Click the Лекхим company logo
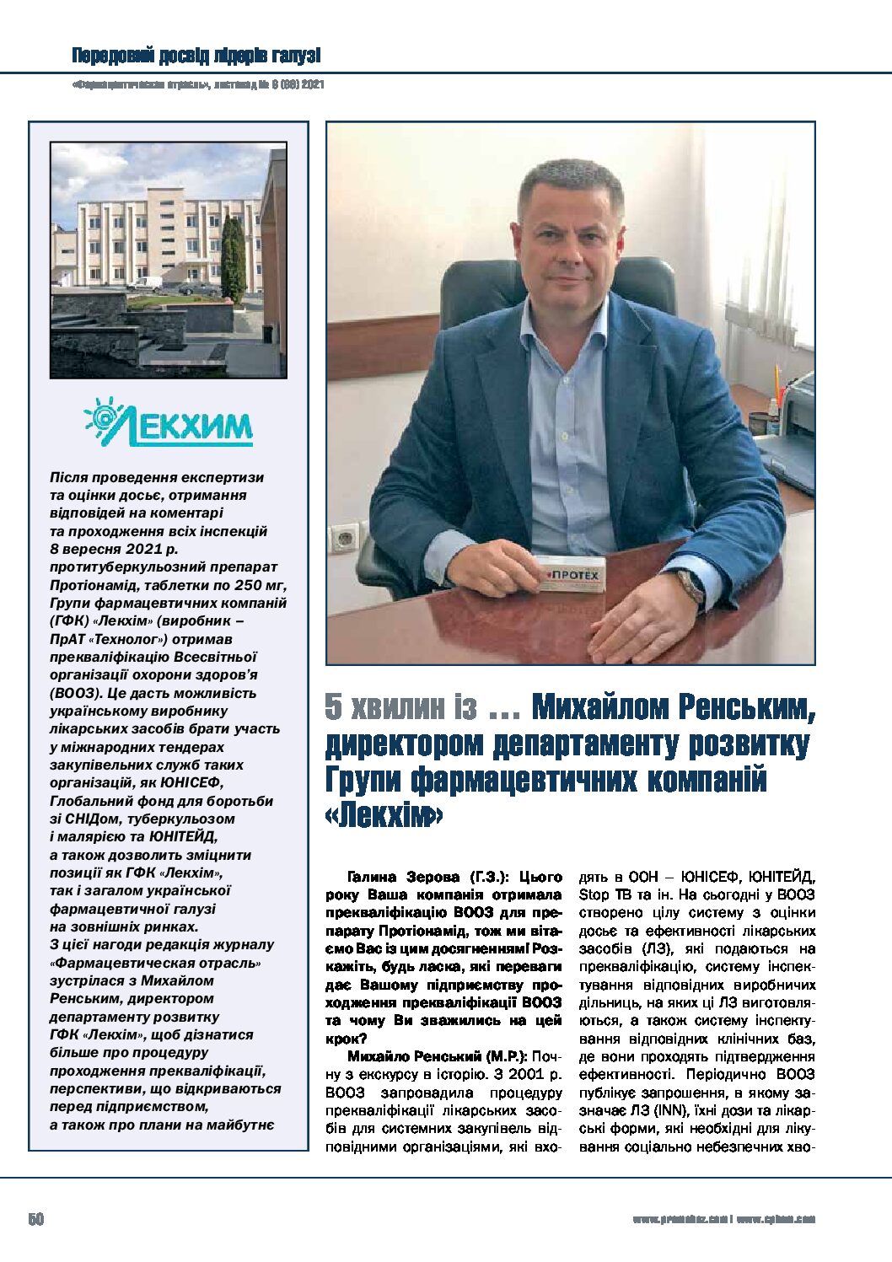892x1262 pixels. coord(169,422)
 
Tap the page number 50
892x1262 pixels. coord(35,1219)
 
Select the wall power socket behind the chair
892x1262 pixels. coord(345,536)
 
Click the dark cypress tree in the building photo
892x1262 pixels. coord(234,257)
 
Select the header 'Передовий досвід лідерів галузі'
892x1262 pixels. coord(196,56)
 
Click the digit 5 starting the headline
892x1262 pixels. coord(334,707)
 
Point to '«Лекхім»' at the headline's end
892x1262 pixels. coord(384,815)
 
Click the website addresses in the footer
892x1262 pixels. coord(723,1219)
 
